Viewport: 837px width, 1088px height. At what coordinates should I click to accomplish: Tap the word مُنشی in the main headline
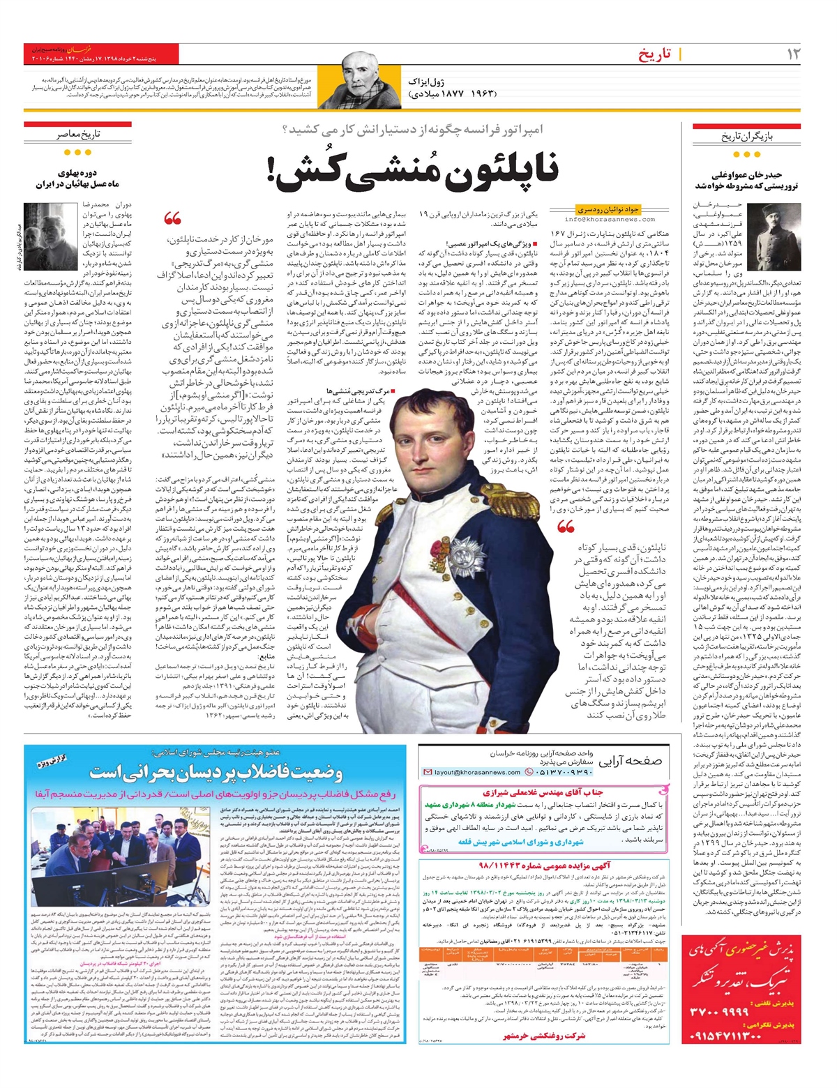383,175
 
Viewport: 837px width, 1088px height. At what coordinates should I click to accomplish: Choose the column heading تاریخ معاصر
78,134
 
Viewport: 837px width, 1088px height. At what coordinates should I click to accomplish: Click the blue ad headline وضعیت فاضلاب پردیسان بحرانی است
216,773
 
